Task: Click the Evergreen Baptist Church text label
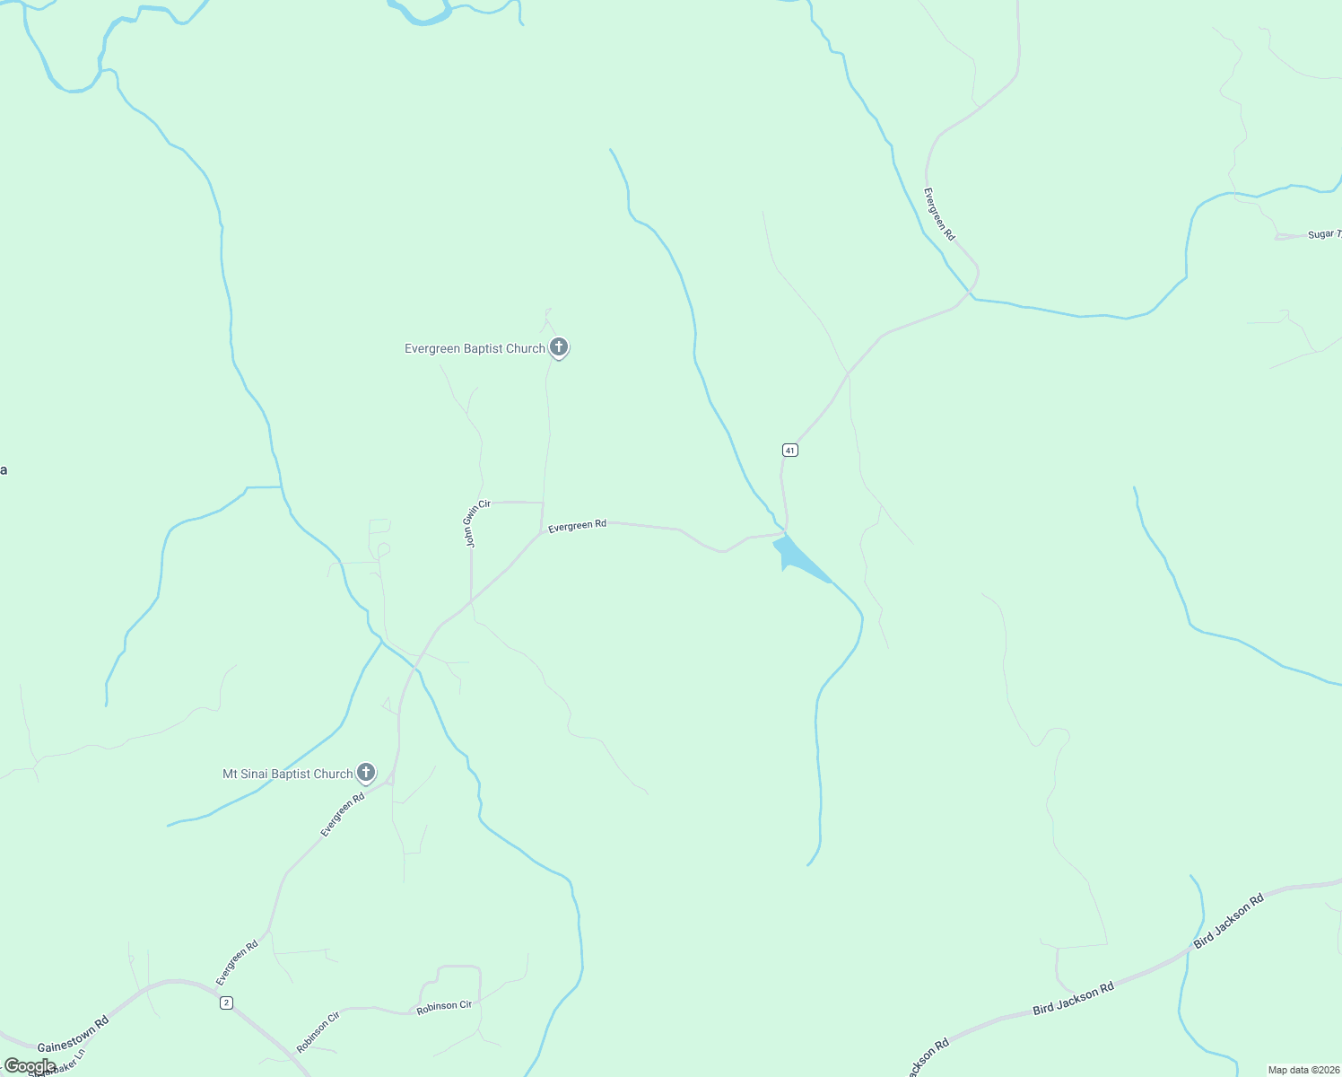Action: pos(474,349)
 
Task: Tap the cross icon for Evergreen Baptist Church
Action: pos(558,346)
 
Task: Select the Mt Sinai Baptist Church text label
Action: pos(287,774)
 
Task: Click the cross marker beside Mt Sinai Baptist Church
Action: pos(366,772)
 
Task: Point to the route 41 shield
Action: pos(789,450)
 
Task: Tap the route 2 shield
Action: pos(227,1003)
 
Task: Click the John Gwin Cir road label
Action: pos(477,523)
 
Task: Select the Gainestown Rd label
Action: pos(73,1034)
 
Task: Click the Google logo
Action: pos(29,1066)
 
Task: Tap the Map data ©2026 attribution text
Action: pos(1303,1070)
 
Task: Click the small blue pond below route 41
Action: pos(796,556)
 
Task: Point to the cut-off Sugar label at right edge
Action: pos(1323,234)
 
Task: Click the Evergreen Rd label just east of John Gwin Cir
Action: pos(577,526)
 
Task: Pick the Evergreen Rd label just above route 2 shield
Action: pos(237,962)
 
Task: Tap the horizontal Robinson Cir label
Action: pos(444,1007)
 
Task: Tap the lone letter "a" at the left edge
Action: pos(4,470)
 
